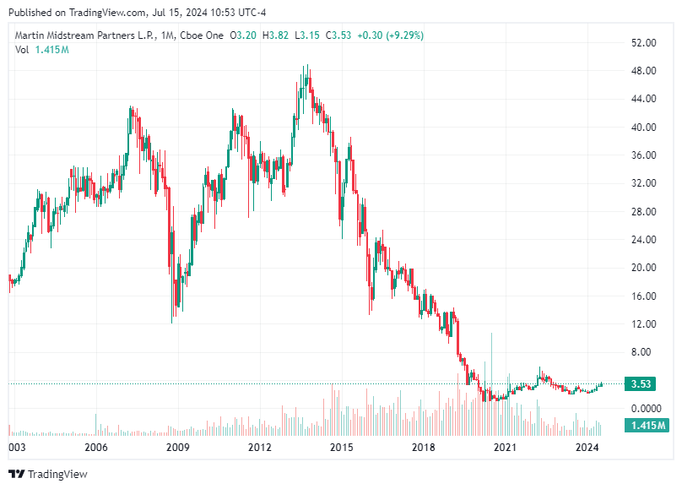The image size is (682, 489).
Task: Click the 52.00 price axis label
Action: (x=644, y=43)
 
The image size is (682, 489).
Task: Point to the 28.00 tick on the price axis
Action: (x=644, y=212)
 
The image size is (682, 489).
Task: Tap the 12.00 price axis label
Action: (x=644, y=324)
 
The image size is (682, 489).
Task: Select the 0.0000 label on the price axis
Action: (x=644, y=409)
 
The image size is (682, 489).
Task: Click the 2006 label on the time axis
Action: (x=95, y=448)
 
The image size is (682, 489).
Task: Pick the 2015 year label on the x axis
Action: (x=341, y=448)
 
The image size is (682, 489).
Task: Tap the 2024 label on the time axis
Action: (x=587, y=448)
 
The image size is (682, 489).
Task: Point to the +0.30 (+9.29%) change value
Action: (x=391, y=35)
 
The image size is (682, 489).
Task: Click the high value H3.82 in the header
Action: (x=275, y=35)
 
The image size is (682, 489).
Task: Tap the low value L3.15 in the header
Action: (x=310, y=35)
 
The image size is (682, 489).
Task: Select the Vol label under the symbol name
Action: (x=23, y=50)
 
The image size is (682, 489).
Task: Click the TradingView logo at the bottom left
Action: (x=48, y=474)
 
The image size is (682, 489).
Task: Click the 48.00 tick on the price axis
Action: (x=644, y=71)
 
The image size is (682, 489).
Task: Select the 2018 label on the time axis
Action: (x=423, y=448)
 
